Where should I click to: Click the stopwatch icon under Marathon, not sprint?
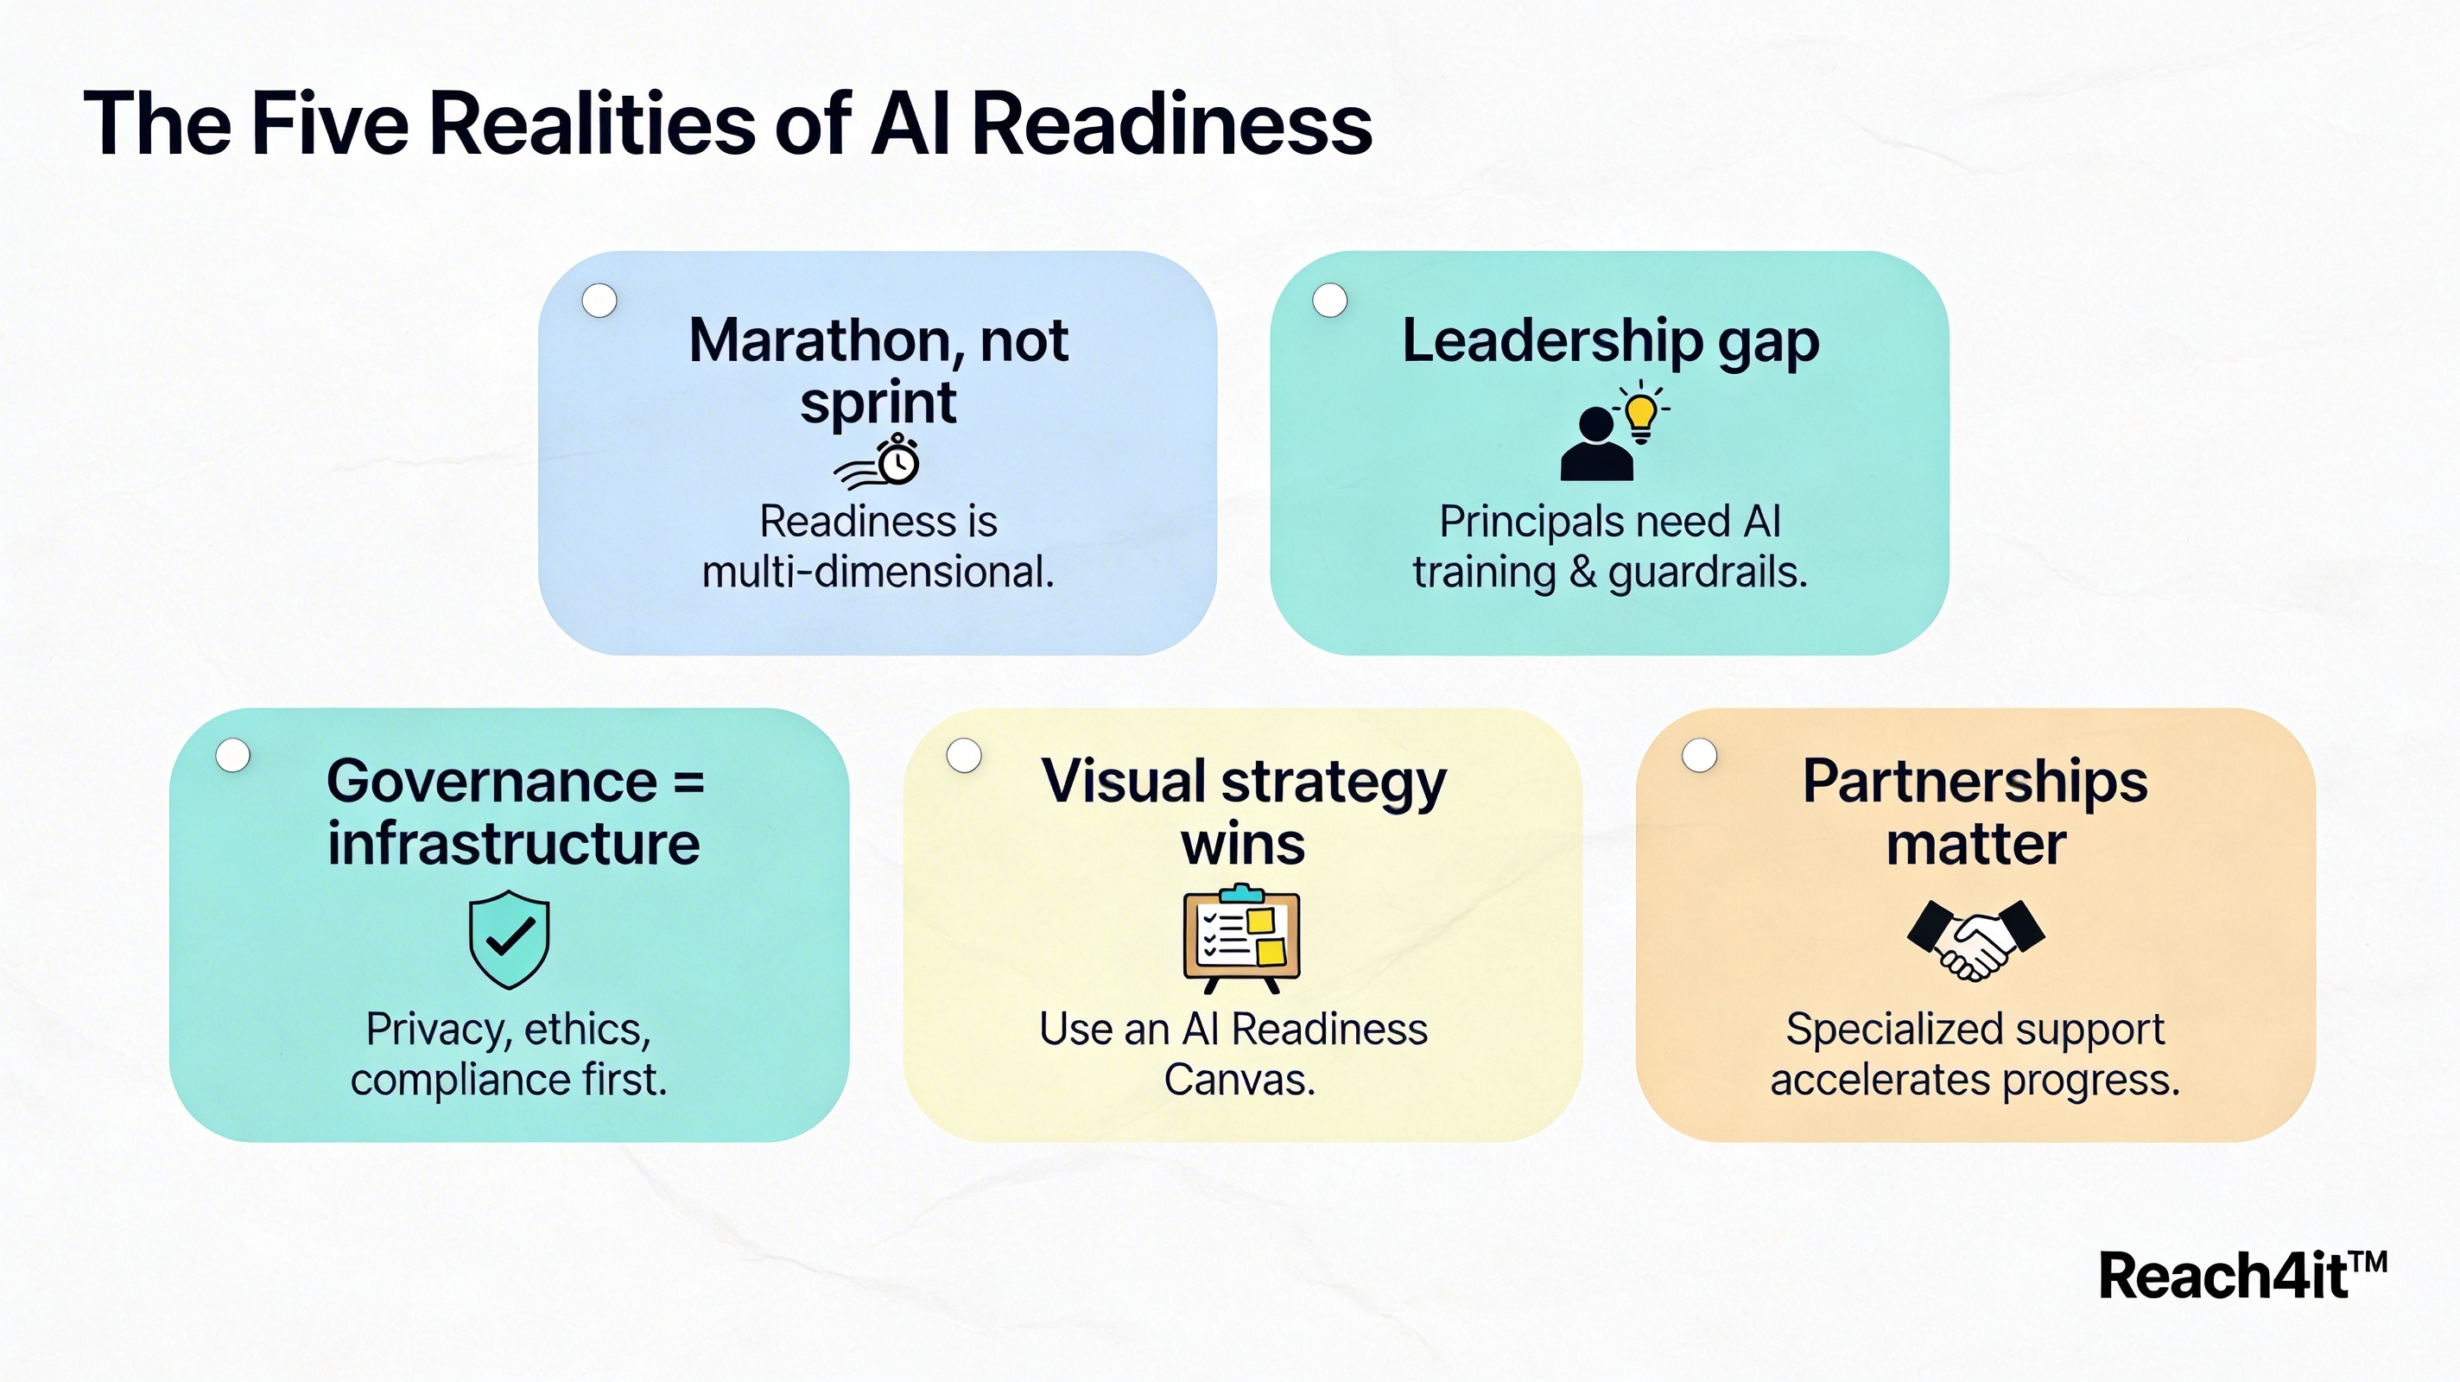coord(878,461)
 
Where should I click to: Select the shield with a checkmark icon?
coord(509,939)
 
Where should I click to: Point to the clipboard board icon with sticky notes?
coord(1241,939)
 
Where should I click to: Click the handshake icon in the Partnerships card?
coord(1975,939)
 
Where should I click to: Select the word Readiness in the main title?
coord(1172,124)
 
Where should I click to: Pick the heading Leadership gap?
coord(1610,342)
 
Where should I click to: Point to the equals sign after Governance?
coord(688,783)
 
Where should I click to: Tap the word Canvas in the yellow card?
coord(1240,1081)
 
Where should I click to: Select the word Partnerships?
coord(1975,783)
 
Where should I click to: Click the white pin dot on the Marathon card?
coord(599,301)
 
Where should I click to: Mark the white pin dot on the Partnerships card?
coord(1700,756)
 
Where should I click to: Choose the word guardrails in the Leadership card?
coord(1709,573)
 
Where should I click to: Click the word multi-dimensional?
coord(878,572)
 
